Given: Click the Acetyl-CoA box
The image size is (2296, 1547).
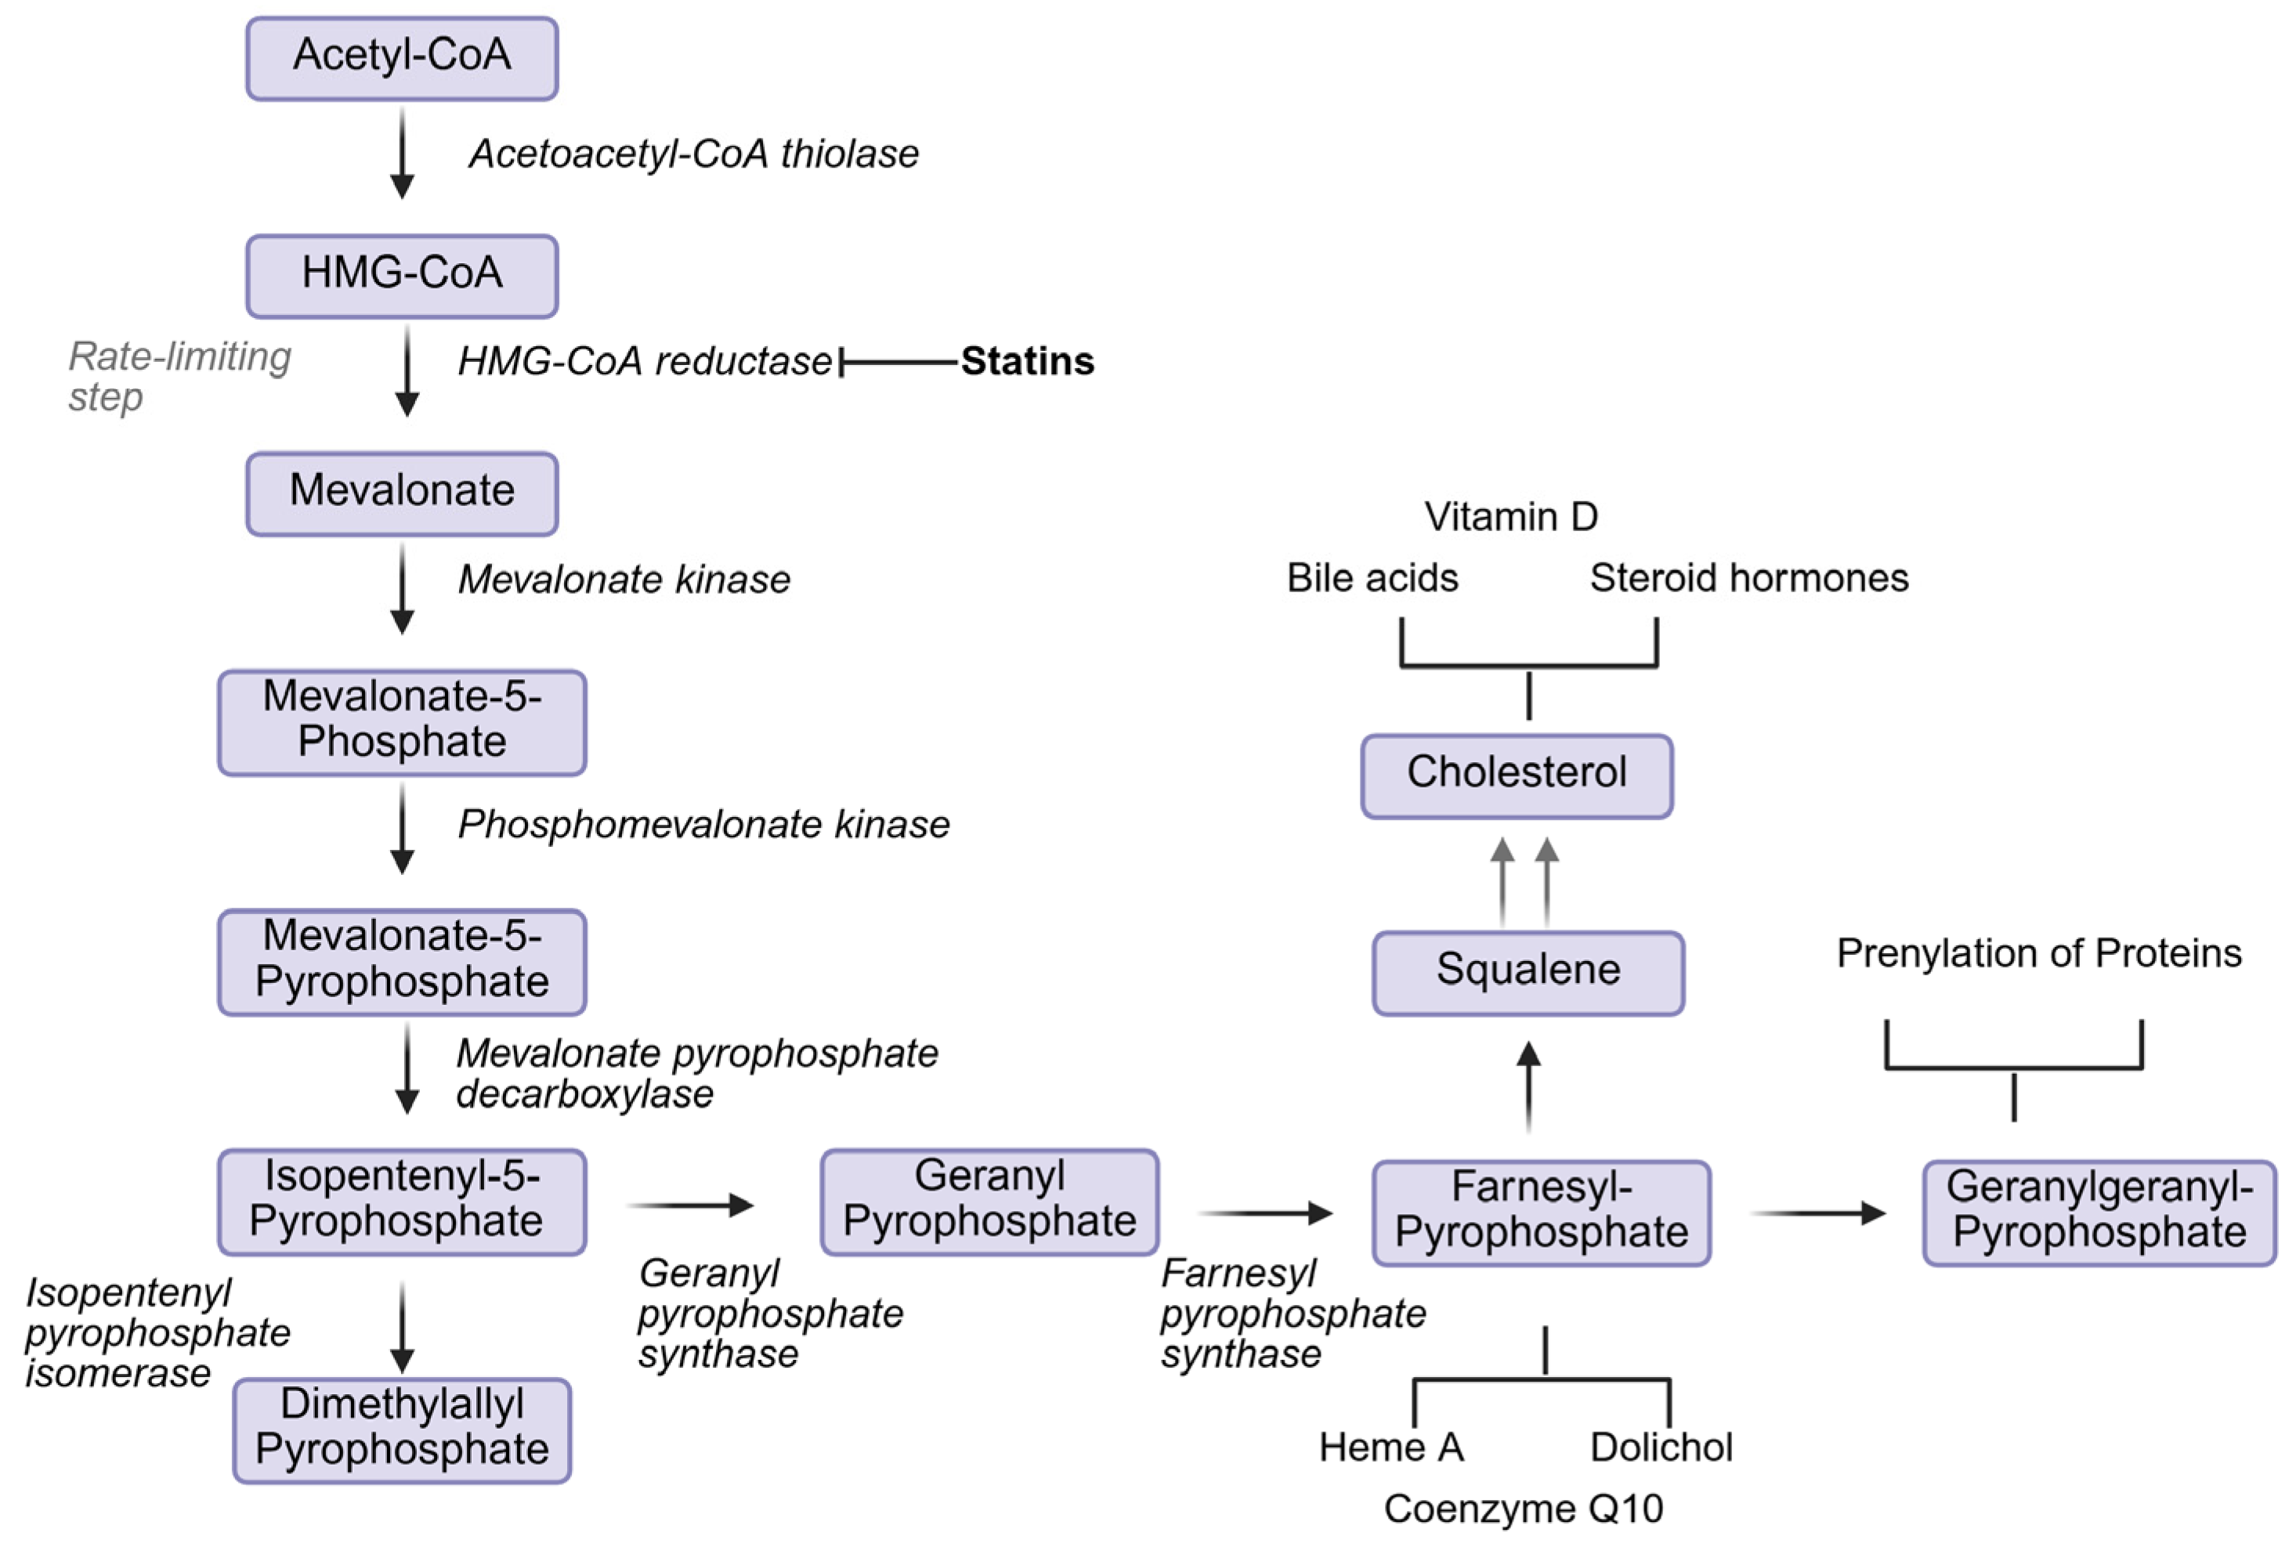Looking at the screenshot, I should click(402, 57).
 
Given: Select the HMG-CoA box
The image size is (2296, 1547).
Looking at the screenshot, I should click(402, 275).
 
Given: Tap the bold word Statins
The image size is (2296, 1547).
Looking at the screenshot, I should click(1027, 361).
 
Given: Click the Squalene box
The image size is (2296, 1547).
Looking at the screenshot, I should click(1528, 972).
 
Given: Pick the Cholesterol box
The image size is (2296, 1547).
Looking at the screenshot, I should click(1517, 775).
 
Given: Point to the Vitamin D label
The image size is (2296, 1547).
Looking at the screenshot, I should click(1510, 517).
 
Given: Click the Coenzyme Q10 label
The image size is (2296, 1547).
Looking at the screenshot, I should click(1524, 1509).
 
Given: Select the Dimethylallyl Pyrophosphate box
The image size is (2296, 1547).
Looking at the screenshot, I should click(402, 1429).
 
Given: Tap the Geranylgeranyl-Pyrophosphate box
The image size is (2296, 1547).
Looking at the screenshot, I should click(2099, 1212).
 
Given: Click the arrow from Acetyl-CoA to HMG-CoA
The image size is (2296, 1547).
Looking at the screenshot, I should click(402, 153).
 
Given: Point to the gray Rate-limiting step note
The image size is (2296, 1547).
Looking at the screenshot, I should click(179, 376).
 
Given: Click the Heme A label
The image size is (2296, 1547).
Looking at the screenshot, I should click(1391, 1448).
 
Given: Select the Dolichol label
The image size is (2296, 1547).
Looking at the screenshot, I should click(1661, 1448).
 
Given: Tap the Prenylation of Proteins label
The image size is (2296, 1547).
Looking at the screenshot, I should click(2038, 953).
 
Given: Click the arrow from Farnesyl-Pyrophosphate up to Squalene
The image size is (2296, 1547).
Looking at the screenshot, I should click(1528, 1086).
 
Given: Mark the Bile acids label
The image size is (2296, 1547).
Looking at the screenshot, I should click(1372, 578).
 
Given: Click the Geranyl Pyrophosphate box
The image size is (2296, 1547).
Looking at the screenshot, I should click(989, 1201).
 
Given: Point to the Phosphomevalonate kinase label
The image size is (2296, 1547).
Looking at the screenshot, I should click(703, 825).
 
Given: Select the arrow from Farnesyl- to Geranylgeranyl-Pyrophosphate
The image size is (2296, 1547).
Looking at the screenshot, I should click(1817, 1213).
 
